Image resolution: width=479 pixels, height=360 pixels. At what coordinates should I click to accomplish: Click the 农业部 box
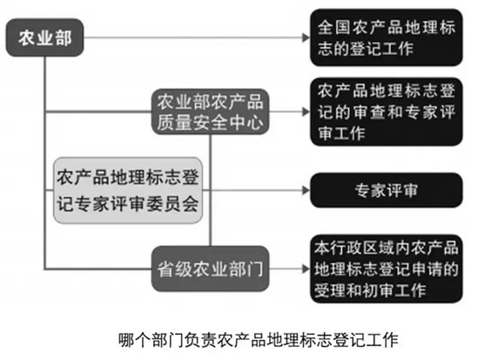coord(45,37)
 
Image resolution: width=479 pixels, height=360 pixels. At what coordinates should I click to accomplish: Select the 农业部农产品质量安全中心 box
coord(210,112)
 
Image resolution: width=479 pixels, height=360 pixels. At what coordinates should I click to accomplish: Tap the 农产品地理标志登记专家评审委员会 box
coord(128,190)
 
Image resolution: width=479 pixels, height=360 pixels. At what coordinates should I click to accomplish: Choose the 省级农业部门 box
coord(210,268)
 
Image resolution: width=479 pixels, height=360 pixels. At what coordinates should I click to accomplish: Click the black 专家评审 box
coord(386,190)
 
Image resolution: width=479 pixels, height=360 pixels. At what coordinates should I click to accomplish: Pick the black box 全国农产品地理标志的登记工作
coord(386,37)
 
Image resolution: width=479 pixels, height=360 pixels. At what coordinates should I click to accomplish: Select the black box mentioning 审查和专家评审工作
coord(386,112)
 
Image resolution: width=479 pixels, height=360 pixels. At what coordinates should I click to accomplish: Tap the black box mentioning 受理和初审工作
coord(386,268)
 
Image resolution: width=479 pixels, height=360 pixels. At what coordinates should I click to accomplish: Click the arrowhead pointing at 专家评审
coord(306,190)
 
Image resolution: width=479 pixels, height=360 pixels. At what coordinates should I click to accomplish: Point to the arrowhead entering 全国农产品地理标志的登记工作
coord(306,37)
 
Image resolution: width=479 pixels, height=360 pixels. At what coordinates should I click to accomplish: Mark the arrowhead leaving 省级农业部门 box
coord(306,268)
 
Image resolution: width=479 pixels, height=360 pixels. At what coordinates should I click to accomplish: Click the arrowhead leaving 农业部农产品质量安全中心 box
coord(306,112)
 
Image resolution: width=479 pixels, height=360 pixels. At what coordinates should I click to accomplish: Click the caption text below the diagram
coord(258,339)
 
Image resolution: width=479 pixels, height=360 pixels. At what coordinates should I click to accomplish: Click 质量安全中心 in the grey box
coord(210,123)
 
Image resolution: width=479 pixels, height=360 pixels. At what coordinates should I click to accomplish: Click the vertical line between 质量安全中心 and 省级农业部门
coord(210,190)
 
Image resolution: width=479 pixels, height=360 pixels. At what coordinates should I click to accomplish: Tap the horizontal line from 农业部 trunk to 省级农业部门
coord(98,268)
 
